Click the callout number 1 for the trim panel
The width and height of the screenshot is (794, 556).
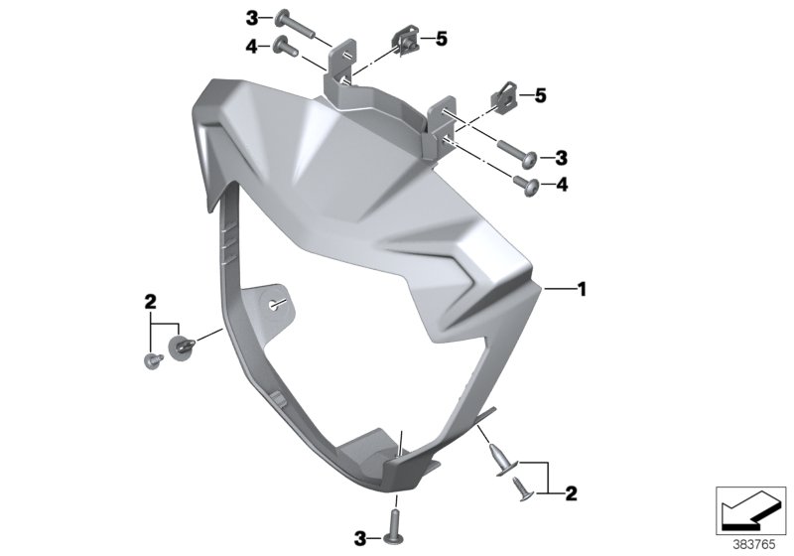point(583,290)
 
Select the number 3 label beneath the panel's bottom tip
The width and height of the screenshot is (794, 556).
point(361,537)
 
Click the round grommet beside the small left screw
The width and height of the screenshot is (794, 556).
point(181,347)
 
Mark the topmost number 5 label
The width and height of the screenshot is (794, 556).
point(442,39)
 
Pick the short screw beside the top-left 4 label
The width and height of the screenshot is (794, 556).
point(284,45)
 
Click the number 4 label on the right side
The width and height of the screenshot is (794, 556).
point(562,184)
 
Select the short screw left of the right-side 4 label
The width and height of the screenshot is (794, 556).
point(525,182)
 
